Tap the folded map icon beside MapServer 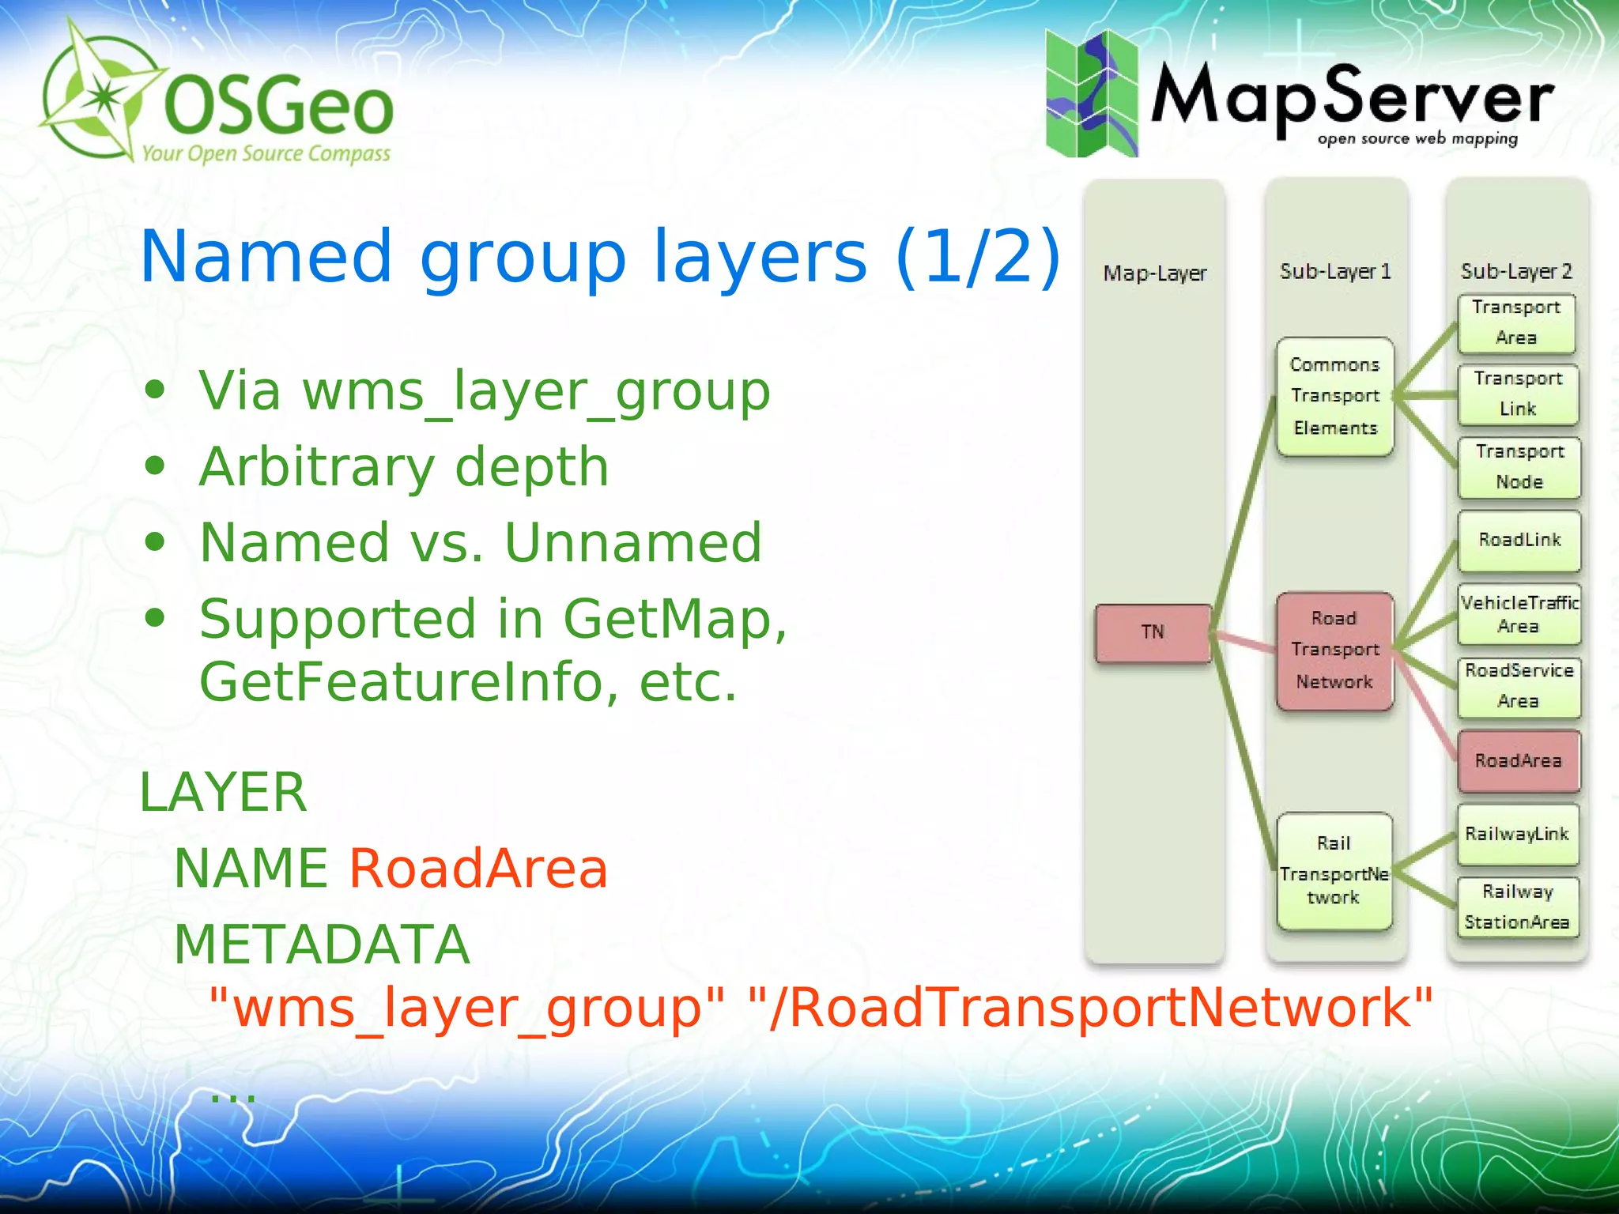(1092, 94)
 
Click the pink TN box (1153, 632)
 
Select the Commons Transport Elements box (1334, 396)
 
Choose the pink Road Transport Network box (1334, 650)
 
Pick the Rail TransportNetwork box (1334, 870)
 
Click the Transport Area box (1516, 322)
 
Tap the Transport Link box (1518, 394)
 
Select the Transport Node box (1519, 466)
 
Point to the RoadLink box (1519, 540)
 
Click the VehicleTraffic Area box (1519, 614)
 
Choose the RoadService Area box (1519, 686)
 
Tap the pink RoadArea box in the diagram (1519, 760)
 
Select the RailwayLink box (1517, 834)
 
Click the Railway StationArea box (1517, 907)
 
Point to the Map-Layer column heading (1155, 273)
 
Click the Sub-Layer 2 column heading (1516, 272)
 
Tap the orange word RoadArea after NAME (478, 869)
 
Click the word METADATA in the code (322, 944)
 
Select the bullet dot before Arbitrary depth (155, 466)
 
